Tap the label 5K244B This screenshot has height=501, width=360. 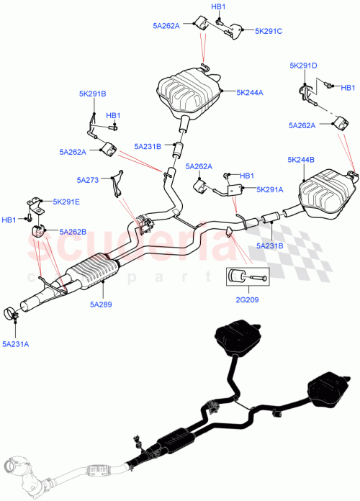302,160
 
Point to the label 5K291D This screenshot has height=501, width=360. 303,66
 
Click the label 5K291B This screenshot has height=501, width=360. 93,94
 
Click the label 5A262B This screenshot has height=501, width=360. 73,232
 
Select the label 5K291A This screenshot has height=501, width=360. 270,190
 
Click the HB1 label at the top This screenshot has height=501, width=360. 218,6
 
